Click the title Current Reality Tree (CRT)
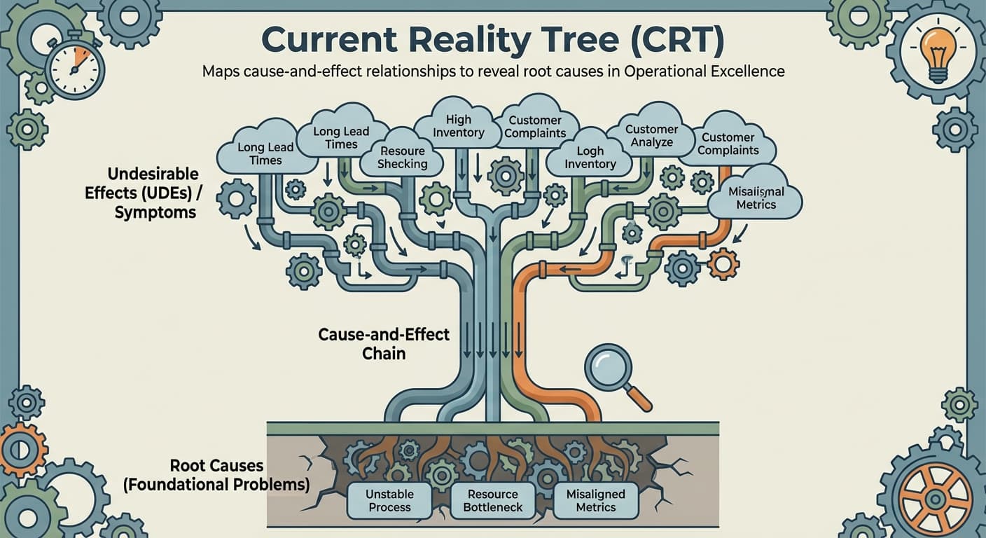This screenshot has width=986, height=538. [x=492, y=41]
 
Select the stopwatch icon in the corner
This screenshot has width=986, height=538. [x=74, y=68]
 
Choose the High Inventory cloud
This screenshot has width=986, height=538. [x=459, y=125]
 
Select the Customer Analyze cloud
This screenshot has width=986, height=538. [x=651, y=135]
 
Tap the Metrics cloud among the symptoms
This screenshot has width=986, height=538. [x=756, y=197]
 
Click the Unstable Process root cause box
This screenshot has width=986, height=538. [x=389, y=500]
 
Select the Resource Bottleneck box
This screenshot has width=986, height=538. [x=493, y=500]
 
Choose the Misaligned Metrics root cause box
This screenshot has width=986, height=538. [x=595, y=500]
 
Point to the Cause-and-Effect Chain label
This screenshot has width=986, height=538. [x=384, y=343]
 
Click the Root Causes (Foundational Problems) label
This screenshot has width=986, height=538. [x=216, y=474]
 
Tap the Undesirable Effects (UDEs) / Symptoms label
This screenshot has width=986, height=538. [x=144, y=193]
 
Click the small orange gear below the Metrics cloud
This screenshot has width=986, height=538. [x=723, y=264]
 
